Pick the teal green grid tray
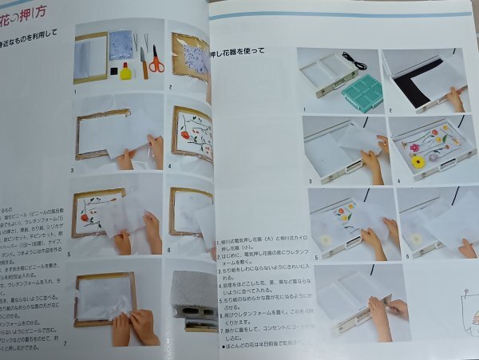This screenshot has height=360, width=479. pyautogui.click(x=362, y=93)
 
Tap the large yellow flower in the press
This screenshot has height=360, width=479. pyautogui.click(x=418, y=161)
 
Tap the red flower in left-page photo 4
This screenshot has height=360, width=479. pyautogui.click(x=185, y=134)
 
